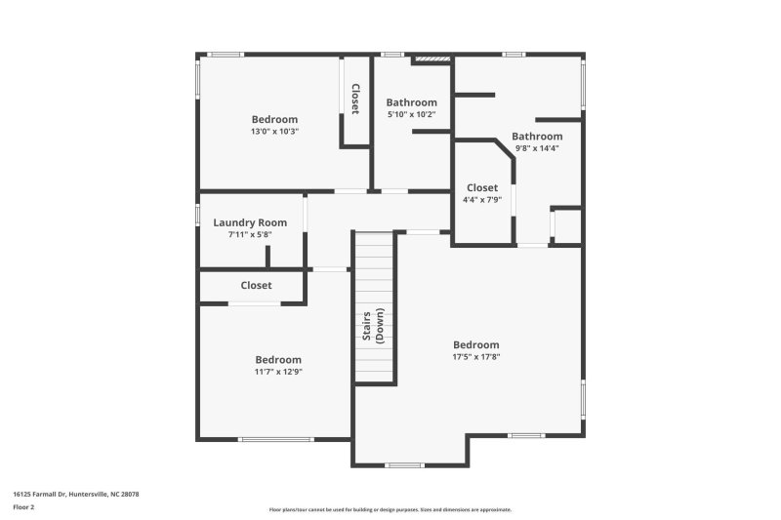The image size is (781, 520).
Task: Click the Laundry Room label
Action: (x=250, y=222)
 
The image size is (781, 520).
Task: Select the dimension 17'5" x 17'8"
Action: (x=475, y=357)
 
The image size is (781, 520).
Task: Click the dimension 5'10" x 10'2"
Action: (x=411, y=114)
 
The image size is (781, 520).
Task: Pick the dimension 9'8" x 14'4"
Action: (x=537, y=148)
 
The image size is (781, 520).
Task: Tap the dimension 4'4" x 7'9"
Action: (x=482, y=200)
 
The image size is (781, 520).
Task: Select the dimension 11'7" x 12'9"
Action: (x=278, y=372)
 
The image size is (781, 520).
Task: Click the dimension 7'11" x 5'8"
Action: (x=250, y=234)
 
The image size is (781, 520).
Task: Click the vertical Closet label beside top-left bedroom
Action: (x=356, y=99)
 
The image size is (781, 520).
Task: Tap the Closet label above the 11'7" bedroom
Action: (x=256, y=285)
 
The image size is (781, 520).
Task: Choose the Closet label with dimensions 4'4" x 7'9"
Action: (x=482, y=187)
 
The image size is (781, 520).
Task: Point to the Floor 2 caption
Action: (x=23, y=507)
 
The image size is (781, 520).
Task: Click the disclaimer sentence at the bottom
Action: (x=390, y=509)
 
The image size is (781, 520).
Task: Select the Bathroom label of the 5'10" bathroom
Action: (x=411, y=102)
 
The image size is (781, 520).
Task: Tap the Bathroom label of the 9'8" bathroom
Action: (x=537, y=137)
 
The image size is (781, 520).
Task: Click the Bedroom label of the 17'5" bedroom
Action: (x=475, y=344)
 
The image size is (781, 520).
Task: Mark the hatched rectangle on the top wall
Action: (x=432, y=60)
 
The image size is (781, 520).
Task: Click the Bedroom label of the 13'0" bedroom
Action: (x=273, y=119)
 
